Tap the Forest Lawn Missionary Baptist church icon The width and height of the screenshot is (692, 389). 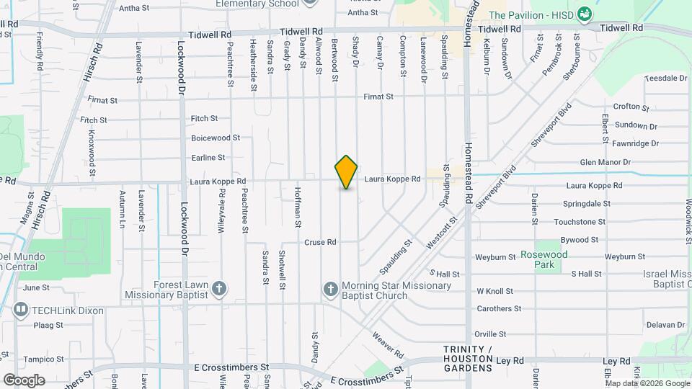(220, 289)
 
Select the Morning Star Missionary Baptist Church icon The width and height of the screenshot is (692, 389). (331, 290)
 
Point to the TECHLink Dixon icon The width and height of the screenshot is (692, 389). (21, 310)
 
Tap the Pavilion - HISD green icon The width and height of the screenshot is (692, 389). (586, 14)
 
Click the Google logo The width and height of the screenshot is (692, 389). (24, 380)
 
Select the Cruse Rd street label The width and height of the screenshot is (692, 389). (320, 242)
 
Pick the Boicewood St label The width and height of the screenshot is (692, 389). (215, 138)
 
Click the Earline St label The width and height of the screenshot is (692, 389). (208, 157)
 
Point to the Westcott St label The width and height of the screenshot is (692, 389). (442, 234)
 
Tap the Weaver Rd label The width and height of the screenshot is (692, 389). (388, 344)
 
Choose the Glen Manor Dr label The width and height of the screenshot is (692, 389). (605, 163)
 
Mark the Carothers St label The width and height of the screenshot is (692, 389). (499, 309)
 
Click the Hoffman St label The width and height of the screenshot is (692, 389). (297, 207)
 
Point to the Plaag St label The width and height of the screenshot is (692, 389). (49, 326)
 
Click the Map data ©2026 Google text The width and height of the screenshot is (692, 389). (647, 383)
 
